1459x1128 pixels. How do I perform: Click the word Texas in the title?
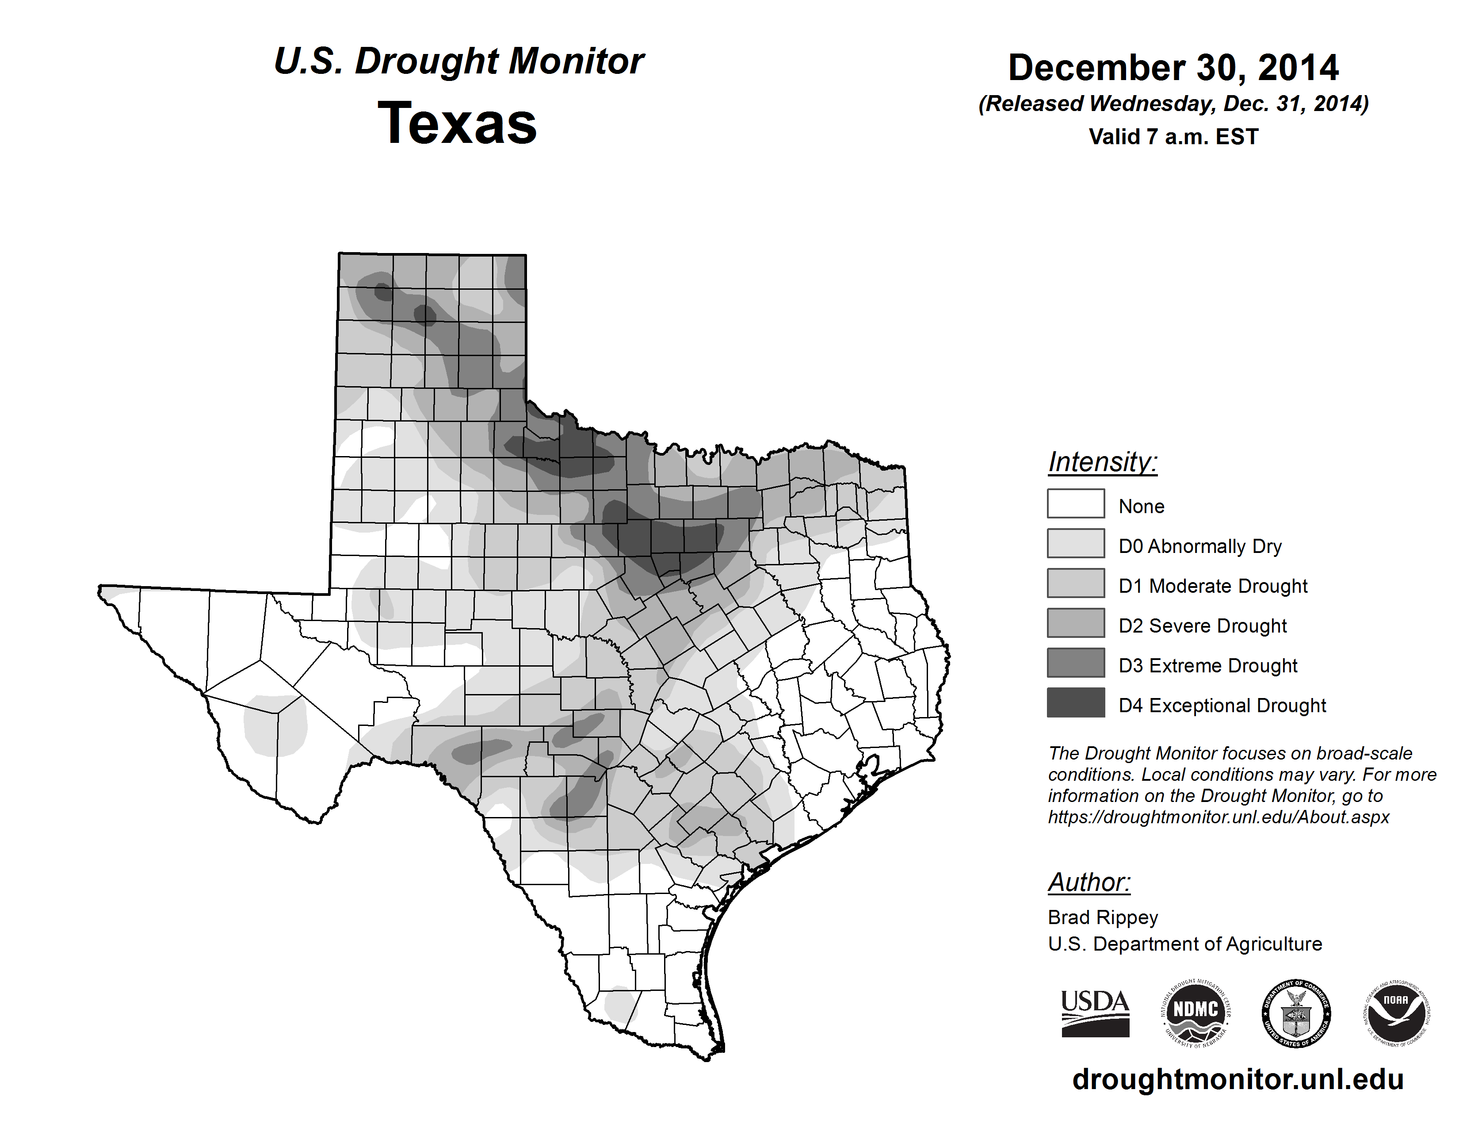457,123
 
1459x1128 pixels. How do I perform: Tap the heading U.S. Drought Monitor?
458,61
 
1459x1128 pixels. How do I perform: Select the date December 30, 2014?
1173,68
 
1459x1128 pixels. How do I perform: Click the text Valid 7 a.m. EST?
1173,137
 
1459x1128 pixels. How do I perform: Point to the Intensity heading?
1102,462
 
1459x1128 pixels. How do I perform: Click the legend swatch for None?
1076,503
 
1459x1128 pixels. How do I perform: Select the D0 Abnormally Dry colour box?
1076,543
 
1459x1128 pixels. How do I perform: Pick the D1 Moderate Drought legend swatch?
1076,583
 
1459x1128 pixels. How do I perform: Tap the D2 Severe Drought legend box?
1076,623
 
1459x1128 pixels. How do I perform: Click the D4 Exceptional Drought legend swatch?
1076,702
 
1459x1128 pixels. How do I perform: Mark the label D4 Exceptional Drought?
1222,706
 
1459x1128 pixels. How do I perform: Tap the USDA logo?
1095,1013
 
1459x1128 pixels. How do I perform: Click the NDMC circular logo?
1196,1013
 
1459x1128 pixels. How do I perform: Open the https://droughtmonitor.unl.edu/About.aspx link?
1218,817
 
